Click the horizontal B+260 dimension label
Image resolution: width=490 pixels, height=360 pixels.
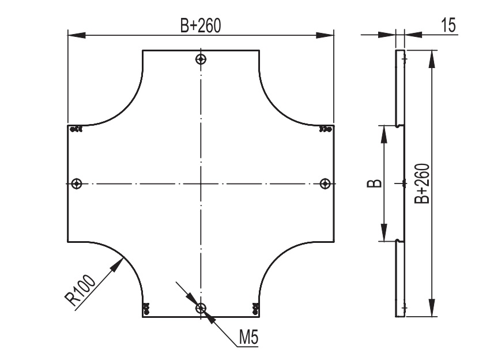200,25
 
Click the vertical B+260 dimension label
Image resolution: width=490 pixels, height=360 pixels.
421,183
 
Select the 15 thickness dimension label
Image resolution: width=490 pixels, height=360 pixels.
448,25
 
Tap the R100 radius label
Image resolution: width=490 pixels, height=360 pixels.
80,290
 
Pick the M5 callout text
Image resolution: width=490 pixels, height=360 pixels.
249,337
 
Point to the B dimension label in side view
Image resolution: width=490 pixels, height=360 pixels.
374,183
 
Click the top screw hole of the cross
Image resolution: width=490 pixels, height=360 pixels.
201,59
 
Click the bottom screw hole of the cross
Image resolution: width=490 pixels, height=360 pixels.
201,309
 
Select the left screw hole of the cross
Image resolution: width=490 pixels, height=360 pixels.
77,183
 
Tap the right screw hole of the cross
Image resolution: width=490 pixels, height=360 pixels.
325,183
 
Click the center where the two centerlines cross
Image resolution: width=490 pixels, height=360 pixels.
201,183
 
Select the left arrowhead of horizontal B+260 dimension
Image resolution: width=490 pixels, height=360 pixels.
77,35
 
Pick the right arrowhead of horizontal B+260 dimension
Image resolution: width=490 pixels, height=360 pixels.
325,35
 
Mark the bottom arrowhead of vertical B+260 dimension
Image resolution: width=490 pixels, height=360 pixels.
432,307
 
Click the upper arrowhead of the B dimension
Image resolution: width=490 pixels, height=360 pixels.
385,134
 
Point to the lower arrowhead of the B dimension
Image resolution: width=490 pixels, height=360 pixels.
385,232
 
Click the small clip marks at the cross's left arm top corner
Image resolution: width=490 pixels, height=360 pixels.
76,129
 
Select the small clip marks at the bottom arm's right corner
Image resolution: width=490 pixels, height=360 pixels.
255,308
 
